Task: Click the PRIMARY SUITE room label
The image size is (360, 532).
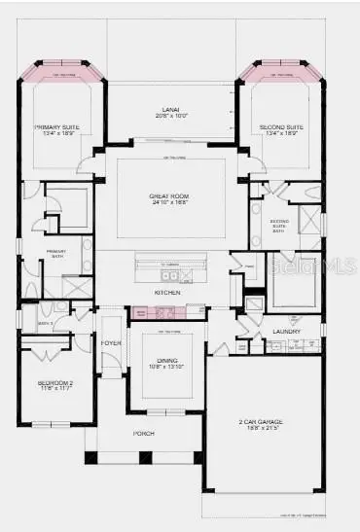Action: tap(56, 126)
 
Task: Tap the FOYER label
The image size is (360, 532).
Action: tap(111, 342)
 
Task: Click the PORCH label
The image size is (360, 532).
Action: tap(144, 435)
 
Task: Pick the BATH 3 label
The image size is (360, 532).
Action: tap(46, 323)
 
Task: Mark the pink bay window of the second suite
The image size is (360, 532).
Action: tap(279, 71)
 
